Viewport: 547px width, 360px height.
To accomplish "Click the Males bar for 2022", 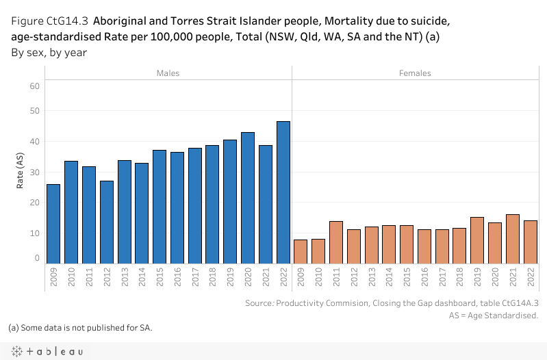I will pyautogui.click(x=283, y=192).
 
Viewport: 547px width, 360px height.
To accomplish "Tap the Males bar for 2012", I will pyautogui.click(x=106, y=222).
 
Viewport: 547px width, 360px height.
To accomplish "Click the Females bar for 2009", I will pyautogui.click(x=300, y=251).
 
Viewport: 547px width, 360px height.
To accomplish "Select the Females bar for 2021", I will pyautogui.click(x=513, y=239).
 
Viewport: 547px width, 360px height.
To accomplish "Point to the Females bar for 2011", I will pyautogui.click(x=335, y=242).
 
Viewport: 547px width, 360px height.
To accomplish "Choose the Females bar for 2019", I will pyautogui.click(x=477, y=240).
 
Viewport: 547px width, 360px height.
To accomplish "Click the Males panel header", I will pyautogui.click(x=168, y=73).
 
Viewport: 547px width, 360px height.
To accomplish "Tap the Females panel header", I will pyautogui.click(x=415, y=73).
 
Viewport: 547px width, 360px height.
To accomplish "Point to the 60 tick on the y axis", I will pyautogui.click(x=34, y=86).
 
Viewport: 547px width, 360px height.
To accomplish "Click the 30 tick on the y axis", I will pyautogui.click(x=34, y=172).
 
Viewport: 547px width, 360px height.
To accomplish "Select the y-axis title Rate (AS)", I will pyautogui.click(x=20, y=172).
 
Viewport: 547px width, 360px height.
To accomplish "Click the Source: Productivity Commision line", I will pyautogui.click(x=392, y=303).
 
